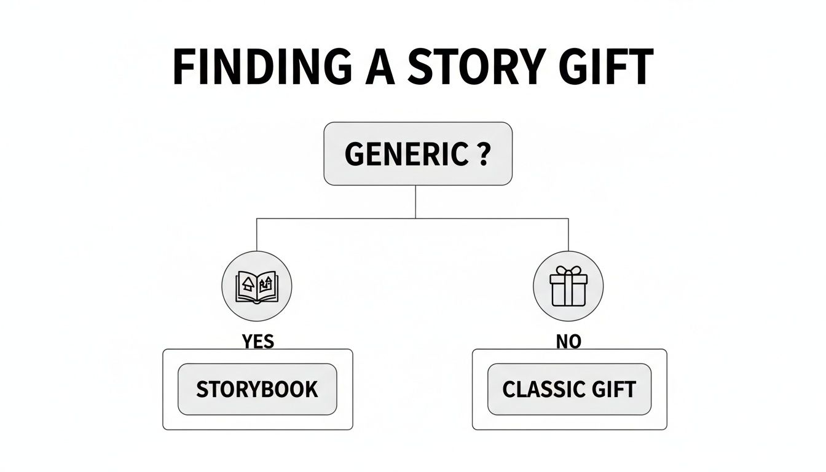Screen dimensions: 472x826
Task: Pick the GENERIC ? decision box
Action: pos(417,154)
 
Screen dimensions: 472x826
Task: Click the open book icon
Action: pos(257,286)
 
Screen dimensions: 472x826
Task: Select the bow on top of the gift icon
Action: pos(568,272)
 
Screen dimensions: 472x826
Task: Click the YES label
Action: pos(258,341)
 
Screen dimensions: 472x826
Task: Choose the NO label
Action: pos(568,341)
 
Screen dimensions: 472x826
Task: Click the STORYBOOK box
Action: pos(258,389)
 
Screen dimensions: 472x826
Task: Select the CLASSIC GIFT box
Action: pos(569,389)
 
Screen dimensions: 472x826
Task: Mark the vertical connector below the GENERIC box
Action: pos(416,201)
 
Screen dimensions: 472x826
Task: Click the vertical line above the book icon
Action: pos(257,234)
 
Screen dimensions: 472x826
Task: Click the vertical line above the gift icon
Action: pos(568,234)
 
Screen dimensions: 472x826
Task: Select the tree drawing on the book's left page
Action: pos(248,283)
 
